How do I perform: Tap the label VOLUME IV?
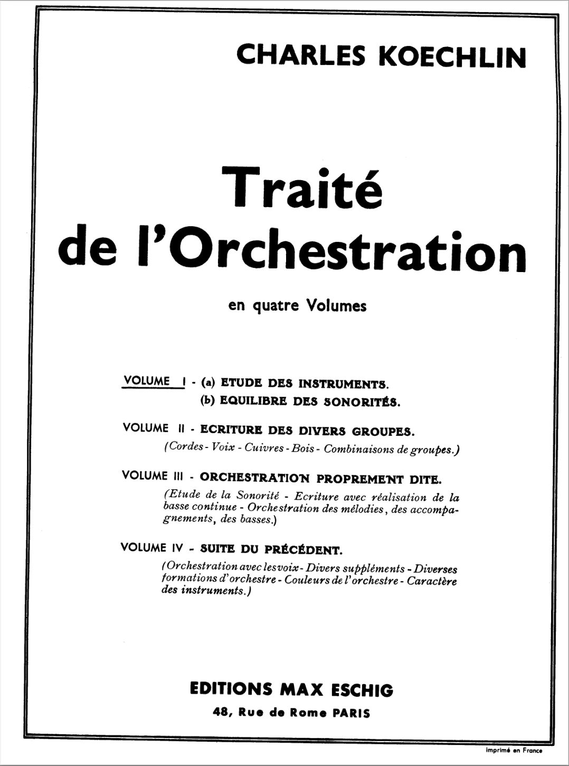151,548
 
